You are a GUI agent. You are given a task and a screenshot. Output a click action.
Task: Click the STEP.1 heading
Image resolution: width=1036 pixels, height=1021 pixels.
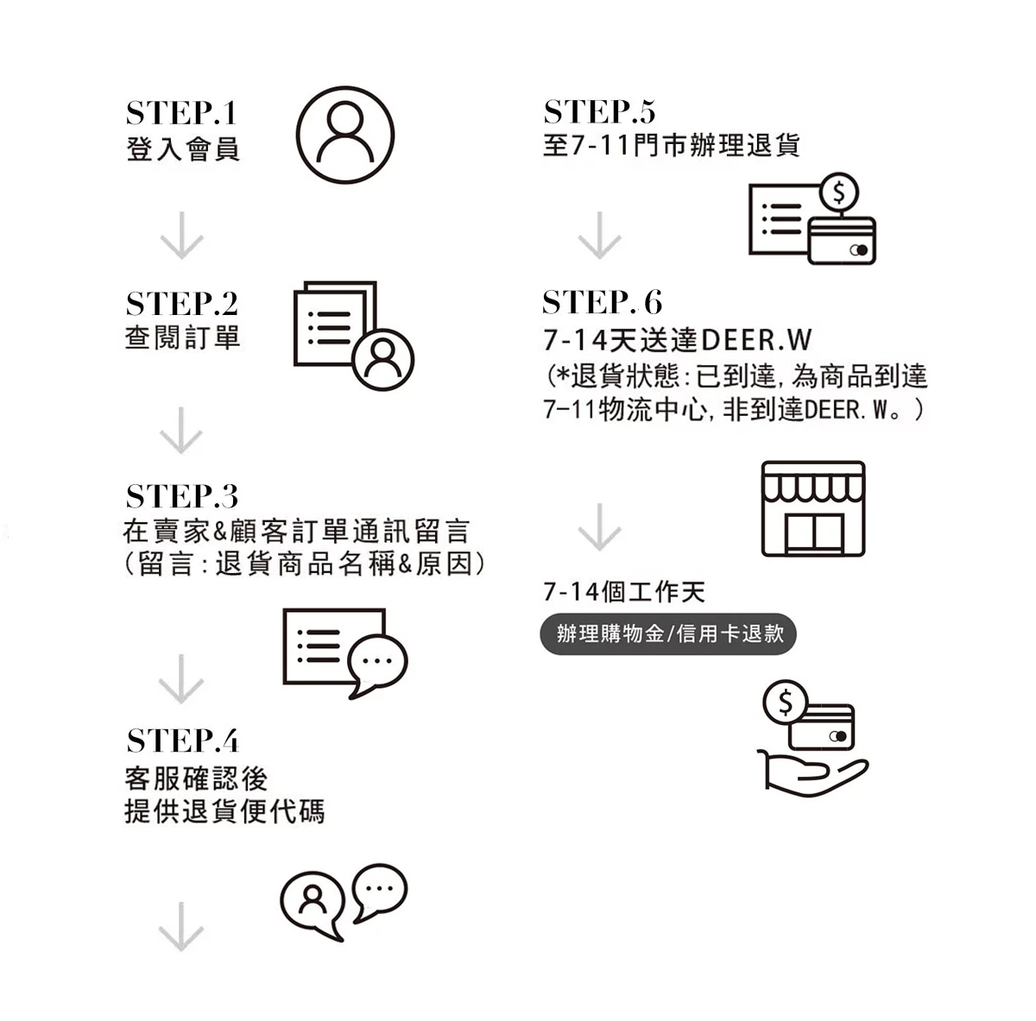click(x=180, y=113)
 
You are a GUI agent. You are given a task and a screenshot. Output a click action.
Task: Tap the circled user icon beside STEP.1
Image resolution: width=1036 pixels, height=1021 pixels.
click(x=345, y=135)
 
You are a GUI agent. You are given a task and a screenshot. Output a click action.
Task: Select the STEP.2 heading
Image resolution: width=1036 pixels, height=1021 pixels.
click(x=181, y=304)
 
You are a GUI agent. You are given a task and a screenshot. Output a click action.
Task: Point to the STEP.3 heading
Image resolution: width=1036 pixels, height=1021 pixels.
click(x=181, y=496)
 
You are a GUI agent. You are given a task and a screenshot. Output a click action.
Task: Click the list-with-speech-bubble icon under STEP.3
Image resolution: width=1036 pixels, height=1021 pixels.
click(x=344, y=652)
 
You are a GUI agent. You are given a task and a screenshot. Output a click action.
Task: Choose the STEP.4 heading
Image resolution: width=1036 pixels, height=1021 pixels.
click(x=182, y=741)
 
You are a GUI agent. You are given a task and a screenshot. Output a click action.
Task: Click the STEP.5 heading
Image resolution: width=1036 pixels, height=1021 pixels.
click(x=599, y=112)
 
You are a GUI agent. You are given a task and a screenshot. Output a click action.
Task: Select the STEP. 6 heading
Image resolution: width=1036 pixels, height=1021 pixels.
click(x=602, y=302)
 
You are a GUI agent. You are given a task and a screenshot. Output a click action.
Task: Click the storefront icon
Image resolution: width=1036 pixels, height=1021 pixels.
click(x=812, y=508)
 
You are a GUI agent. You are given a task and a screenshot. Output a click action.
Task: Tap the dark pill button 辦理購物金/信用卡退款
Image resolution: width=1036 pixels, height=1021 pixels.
click(x=669, y=634)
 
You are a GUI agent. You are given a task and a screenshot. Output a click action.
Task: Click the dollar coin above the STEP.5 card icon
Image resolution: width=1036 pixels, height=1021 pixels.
click(x=839, y=192)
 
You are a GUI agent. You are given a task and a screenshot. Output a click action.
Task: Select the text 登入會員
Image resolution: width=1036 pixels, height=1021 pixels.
click(x=182, y=148)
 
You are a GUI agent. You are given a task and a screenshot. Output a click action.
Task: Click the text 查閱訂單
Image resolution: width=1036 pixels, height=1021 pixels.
click(x=182, y=337)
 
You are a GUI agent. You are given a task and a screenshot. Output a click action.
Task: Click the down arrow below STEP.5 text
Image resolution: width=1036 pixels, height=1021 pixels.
click(x=599, y=235)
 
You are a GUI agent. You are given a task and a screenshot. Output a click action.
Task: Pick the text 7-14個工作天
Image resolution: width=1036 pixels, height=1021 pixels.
click(x=623, y=592)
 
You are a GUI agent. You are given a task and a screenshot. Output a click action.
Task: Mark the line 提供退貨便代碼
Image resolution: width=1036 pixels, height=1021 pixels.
click(x=224, y=812)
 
